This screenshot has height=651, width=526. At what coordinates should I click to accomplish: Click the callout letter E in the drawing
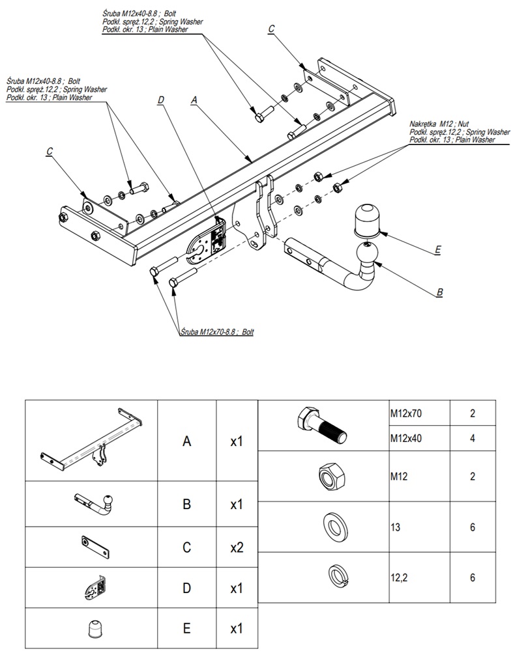click(438, 249)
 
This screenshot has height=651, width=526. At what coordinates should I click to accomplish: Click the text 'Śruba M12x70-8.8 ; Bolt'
click(217, 332)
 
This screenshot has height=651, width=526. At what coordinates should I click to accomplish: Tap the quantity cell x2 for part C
click(237, 547)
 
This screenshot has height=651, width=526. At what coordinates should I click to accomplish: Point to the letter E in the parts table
click(186, 630)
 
